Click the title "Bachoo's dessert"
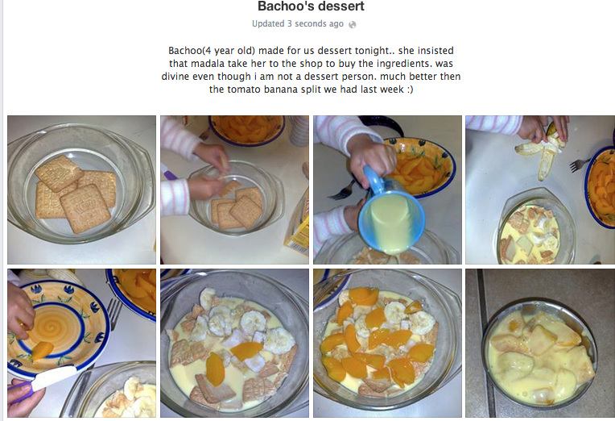click(311, 6)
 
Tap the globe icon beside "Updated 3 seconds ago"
click(353, 25)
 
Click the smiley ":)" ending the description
click(410, 90)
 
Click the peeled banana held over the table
click(544, 149)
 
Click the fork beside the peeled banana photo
click(580, 164)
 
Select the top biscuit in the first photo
click(60, 173)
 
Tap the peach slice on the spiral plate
click(42, 350)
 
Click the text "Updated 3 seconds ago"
click(298, 24)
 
